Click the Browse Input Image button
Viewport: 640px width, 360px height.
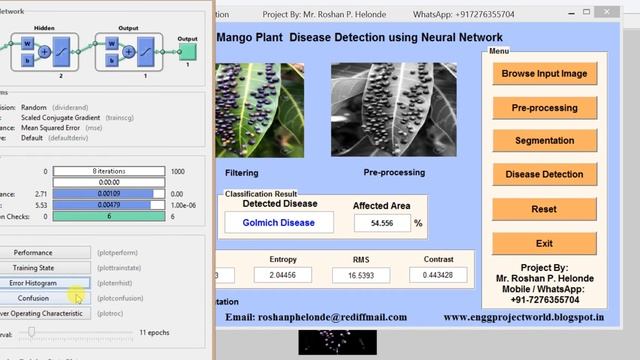click(544, 73)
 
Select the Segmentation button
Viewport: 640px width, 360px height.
click(544, 141)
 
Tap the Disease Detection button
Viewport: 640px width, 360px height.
click(544, 175)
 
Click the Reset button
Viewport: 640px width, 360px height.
click(544, 209)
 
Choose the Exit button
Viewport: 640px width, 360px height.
click(544, 243)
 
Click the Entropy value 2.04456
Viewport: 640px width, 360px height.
click(283, 275)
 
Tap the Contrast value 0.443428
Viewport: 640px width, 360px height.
click(437, 275)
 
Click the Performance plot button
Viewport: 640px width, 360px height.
click(33, 253)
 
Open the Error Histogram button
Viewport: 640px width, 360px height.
click(33, 283)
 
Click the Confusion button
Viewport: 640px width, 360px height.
click(33, 298)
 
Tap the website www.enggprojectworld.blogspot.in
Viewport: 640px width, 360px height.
click(523, 317)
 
